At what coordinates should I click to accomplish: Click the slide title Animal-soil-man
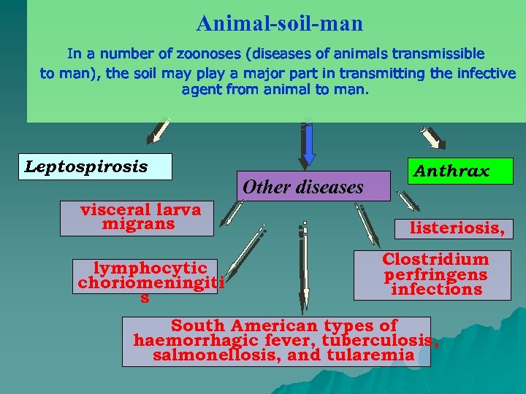279,24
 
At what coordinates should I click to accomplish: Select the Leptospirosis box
98,166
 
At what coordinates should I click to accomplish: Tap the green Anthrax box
461,171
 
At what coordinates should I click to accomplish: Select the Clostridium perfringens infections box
432,274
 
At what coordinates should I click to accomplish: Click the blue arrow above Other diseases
308,142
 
